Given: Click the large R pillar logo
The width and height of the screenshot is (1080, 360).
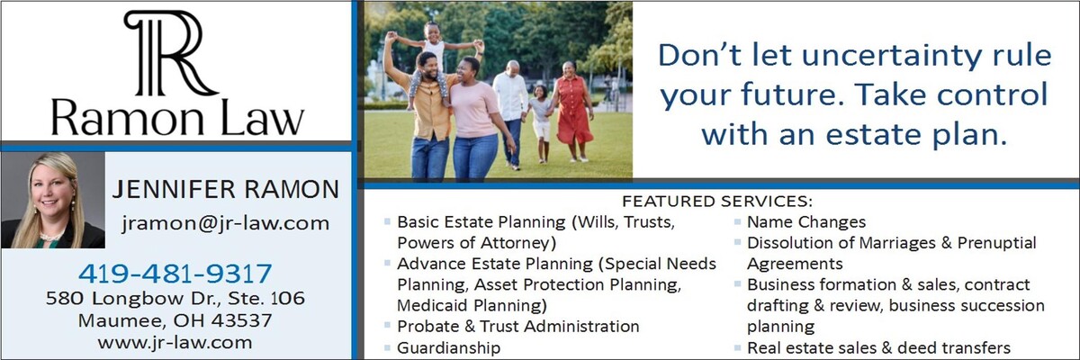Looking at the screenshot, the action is (171, 53).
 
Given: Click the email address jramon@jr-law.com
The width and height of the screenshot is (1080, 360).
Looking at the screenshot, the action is (226, 223).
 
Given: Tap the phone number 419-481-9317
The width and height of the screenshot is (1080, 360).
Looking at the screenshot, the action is (175, 274).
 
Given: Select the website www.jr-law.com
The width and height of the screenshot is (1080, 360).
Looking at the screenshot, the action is (175, 343).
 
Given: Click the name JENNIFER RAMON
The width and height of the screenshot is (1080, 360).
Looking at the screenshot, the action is (226, 189).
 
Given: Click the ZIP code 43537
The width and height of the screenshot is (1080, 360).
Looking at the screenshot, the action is (241, 320).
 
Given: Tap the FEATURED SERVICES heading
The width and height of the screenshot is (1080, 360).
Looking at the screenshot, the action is (717, 201).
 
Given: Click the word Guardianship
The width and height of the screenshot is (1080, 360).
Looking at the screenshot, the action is (448, 347).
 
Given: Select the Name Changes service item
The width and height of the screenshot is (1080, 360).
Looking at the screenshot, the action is (806, 221).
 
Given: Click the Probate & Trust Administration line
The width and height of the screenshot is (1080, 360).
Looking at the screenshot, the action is (517, 327).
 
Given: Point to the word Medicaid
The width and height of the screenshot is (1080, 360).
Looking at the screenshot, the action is (432, 305).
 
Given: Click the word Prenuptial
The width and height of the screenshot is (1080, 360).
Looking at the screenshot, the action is (996, 243).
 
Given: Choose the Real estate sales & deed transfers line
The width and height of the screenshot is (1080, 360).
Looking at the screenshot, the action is (878, 347).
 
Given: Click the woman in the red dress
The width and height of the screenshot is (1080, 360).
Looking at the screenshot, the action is (571, 111).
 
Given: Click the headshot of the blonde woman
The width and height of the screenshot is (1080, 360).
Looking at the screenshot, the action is (53, 201).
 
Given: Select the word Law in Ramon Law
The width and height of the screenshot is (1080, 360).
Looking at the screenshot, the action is (262, 119).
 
